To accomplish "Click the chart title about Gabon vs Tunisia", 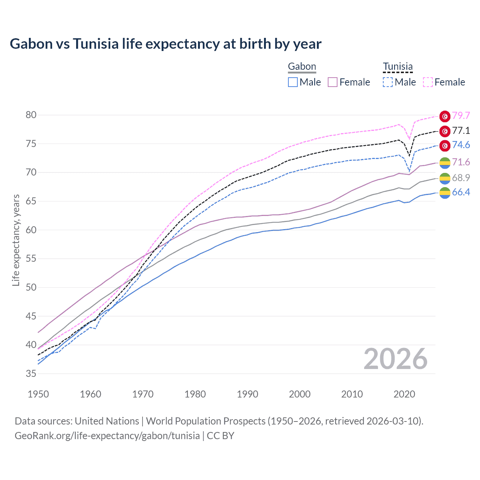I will pyautogui.click(x=165, y=44).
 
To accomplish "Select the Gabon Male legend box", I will pyautogui.click(x=293, y=82).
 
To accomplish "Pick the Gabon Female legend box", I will pyautogui.click(x=333, y=82).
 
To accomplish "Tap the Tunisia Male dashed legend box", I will pyautogui.click(x=388, y=82).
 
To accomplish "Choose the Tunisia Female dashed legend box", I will pyautogui.click(x=428, y=82).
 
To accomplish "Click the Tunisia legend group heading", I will pyautogui.click(x=397, y=67).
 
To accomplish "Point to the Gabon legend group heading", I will pyautogui.click(x=302, y=67).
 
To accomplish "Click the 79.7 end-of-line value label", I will pyautogui.click(x=461, y=116).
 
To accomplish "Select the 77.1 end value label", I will pyautogui.click(x=461, y=130).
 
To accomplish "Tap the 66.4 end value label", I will pyautogui.click(x=461, y=192).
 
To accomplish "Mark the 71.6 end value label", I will pyautogui.click(x=461, y=162).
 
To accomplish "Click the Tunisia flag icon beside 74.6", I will pyautogui.click(x=445, y=145).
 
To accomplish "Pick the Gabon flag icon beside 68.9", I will pyautogui.click(x=445, y=178).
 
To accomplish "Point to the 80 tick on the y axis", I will pyautogui.click(x=31, y=115).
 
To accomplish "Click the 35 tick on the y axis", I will pyautogui.click(x=31, y=373).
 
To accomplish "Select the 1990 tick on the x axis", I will pyautogui.click(x=247, y=394).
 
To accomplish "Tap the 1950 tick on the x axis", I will pyautogui.click(x=38, y=394).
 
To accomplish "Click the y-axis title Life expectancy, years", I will pyautogui.click(x=16, y=240).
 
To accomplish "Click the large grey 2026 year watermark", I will pyautogui.click(x=395, y=359).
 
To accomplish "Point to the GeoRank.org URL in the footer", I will pyautogui.click(x=107, y=436).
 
